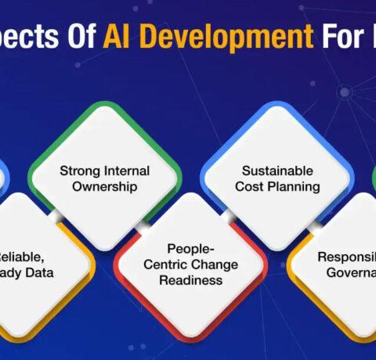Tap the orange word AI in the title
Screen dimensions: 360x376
[114, 38]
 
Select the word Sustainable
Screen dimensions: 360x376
[277, 170]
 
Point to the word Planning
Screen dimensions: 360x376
[295, 186]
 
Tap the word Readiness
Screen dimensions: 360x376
[191, 280]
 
